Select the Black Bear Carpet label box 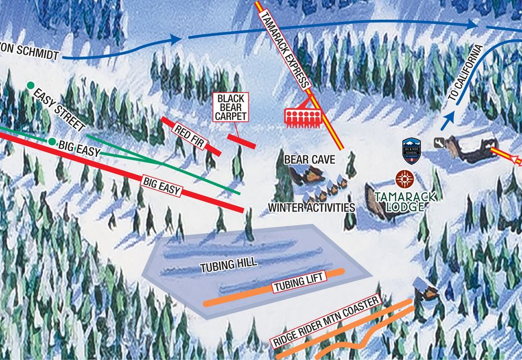232,107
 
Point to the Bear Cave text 309,160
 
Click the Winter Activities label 311,207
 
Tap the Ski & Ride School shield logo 412,150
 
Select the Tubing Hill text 228,265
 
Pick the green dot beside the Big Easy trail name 52,142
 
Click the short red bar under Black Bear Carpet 242,141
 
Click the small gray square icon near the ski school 439,144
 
